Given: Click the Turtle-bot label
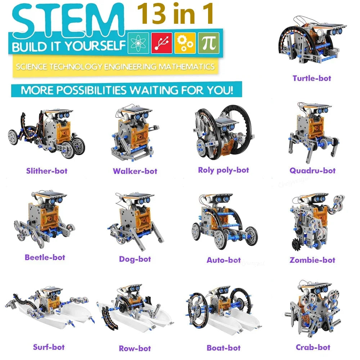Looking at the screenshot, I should pyautogui.click(x=311, y=78).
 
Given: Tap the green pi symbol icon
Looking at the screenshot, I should pyautogui.click(x=208, y=44).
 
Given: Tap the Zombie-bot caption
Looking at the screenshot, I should pyautogui.click(x=312, y=260).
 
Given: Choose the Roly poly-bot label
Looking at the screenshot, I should pyautogui.click(x=224, y=170).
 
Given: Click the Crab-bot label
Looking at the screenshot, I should pyautogui.click(x=313, y=347).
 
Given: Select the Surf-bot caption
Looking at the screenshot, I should pyautogui.click(x=49, y=347).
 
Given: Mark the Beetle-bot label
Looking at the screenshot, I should pyautogui.click(x=45, y=257).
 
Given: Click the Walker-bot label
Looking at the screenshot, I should pyautogui.click(x=135, y=171).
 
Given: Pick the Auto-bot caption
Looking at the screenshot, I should pyautogui.click(x=224, y=260).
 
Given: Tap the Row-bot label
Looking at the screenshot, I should pyautogui.click(x=135, y=348).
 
